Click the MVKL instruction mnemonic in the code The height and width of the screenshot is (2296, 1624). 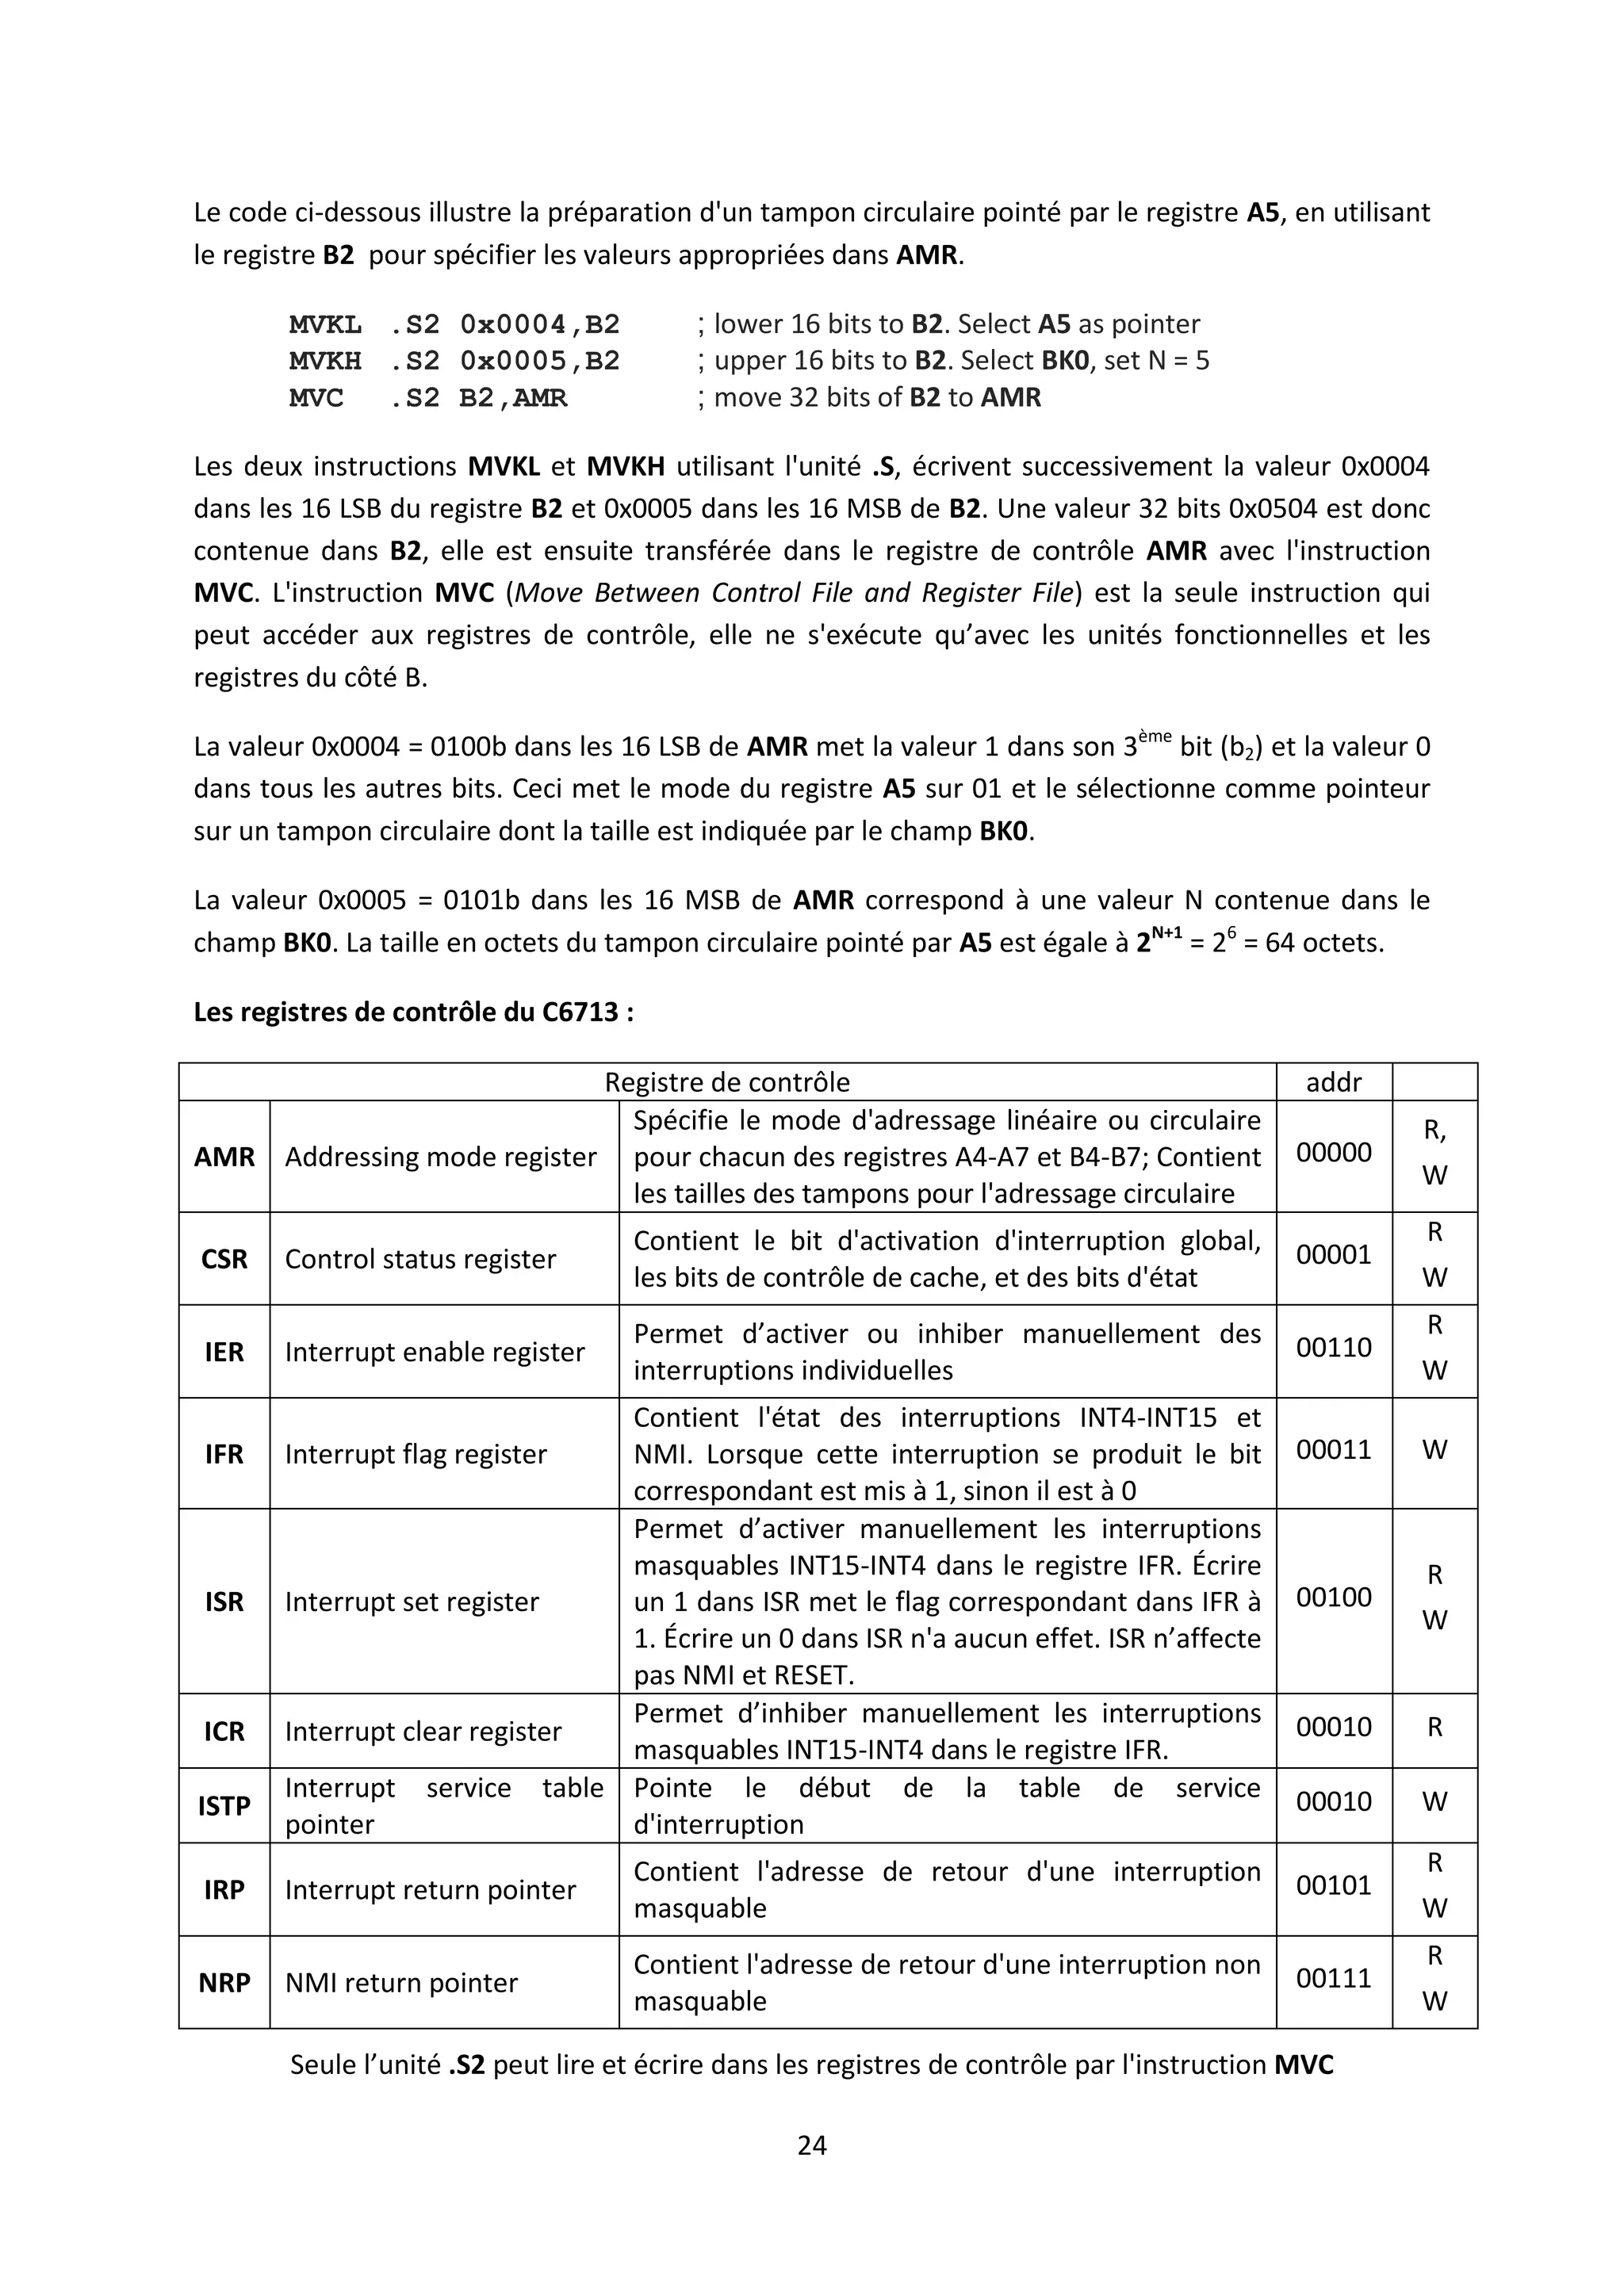click(x=325, y=324)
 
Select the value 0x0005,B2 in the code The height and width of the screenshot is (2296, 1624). click(x=540, y=360)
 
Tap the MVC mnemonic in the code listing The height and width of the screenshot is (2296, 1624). click(x=316, y=397)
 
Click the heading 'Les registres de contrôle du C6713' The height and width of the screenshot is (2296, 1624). click(x=413, y=1012)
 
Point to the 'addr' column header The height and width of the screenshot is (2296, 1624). click(x=1333, y=1082)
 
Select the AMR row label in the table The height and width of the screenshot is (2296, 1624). click(x=224, y=1157)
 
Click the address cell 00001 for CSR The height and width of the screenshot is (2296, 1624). click(x=1333, y=1254)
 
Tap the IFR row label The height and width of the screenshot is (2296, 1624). click(x=224, y=1454)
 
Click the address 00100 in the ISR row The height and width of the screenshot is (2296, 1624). click(x=1333, y=1597)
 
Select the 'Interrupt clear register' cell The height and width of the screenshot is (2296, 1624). click(x=423, y=1731)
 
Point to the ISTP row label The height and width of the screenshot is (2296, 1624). click(x=224, y=1806)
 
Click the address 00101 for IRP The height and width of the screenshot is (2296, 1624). click(x=1333, y=1885)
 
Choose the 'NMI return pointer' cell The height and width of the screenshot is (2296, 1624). click(x=401, y=1982)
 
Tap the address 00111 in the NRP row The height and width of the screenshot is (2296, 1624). click(x=1333, y=1978)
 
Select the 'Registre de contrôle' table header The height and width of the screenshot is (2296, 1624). click(x=727, y=1082)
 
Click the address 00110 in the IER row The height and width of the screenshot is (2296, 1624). click(x=1333, y=1347)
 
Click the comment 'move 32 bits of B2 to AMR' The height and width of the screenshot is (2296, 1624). click(x=877, y=397)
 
